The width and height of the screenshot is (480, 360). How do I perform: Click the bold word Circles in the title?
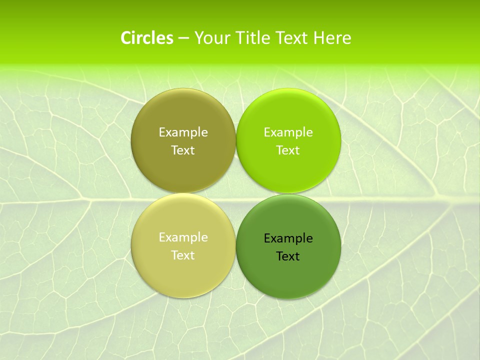[x=146, y=38]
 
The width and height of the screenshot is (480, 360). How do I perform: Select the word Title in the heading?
[x=252, y=38]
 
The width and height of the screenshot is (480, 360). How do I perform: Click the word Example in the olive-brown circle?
[x=183, y=132]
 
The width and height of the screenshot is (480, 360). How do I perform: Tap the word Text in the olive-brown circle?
[x=183, y=150]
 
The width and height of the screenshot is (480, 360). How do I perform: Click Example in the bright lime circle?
[x=288, y=132]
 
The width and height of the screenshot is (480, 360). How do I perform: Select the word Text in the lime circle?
[x=288, y=150]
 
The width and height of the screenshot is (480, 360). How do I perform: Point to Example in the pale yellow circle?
[x=183, y=237]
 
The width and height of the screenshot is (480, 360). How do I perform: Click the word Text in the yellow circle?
[x=183, y=255]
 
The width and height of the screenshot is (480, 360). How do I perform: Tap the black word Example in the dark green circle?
[x=288, y=238]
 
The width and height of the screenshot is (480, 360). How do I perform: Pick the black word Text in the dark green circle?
[x=288, y=256]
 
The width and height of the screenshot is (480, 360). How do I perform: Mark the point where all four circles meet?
[x=236, y=193]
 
